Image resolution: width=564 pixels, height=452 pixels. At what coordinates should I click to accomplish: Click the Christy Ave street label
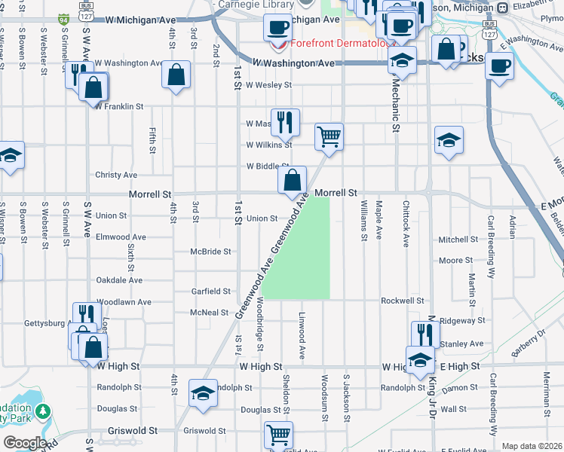[x=116, y=175]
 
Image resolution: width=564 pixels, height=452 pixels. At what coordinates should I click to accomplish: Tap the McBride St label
[x=210, y=252]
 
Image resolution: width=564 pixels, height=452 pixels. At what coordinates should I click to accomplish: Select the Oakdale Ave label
[x=119, y=280]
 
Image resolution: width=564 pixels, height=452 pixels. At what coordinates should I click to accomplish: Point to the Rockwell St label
[x=402, y=301]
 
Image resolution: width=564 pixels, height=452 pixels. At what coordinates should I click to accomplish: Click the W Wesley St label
[x=262, y=85]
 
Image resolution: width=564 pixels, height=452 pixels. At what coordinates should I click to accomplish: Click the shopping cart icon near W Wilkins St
[x=329, y=137]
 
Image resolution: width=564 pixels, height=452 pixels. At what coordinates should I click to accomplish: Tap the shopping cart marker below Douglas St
[x=279, y=435]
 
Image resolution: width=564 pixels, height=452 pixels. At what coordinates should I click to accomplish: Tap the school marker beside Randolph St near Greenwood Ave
[x=203, y=393]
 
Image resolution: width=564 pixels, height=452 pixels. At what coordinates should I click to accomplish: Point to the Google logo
[x=24, y=442]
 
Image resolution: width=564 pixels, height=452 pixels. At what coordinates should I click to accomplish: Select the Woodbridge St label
[x=259, y=323]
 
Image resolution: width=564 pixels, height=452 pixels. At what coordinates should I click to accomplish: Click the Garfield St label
[x=210, y=291]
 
